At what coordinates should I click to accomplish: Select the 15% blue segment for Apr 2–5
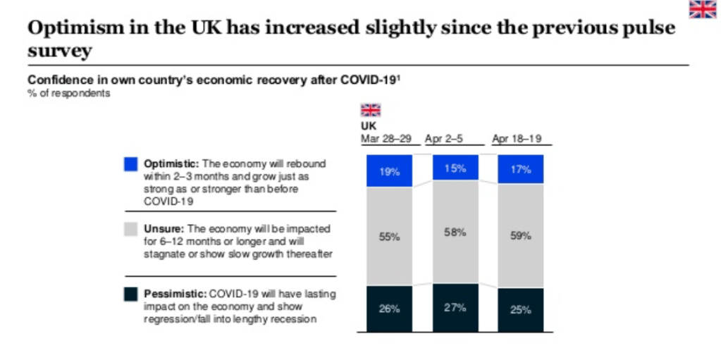click(x=455, y=167)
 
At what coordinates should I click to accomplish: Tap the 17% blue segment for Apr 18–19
click(x=520, y=169)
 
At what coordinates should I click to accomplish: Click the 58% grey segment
click(x=455, y=232)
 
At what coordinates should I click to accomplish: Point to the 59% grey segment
click(x=520, y=236)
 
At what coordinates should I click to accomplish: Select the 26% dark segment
click(x=390, y=309)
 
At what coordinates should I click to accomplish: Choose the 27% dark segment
click(x=455, y=307)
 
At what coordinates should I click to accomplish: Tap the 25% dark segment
click(x=520, y=309)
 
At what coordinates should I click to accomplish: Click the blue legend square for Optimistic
click(x=130, y=164)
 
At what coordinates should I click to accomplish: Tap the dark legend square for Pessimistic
click(x=130, y=294)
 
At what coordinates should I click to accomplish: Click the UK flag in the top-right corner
click(x=702, y=9)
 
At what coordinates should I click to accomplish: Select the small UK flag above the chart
click(x=370, y=110)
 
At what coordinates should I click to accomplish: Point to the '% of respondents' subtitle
click(x=68, y=94)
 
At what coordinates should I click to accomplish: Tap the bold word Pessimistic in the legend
click(x=172, y=293)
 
